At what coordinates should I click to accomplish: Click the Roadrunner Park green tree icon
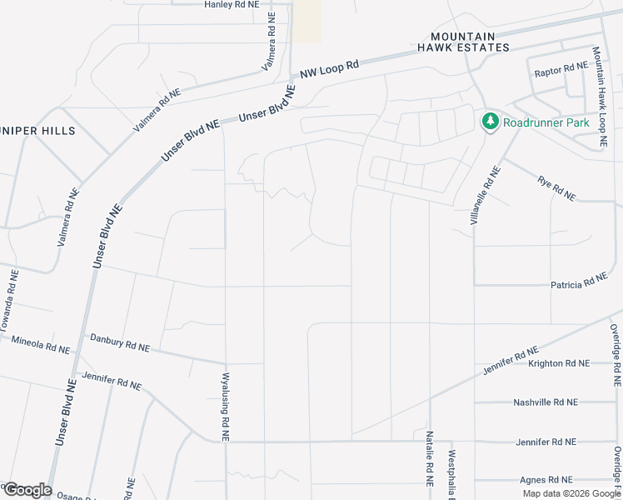point(490,122)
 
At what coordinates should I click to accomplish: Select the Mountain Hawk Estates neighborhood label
point(470,42)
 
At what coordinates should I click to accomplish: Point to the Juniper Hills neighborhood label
point(37,131)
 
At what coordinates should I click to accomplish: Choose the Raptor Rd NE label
point(561,67)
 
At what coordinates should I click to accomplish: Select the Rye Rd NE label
point(556,187)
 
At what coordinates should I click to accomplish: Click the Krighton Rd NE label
point(558,363)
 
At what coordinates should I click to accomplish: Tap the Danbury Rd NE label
point(120,342)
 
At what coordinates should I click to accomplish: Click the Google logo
point(27,490)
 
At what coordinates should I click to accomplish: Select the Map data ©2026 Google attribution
point(571,493)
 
